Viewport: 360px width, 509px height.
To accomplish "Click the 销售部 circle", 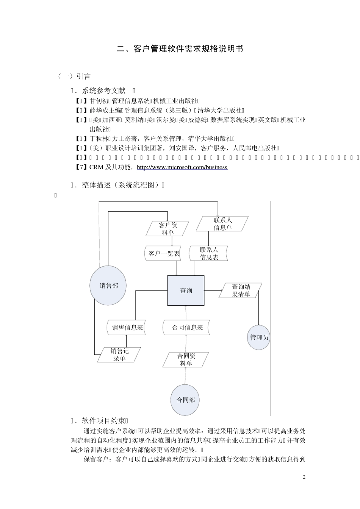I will coord(108,286).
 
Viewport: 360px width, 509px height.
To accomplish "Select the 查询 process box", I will coord(186,290).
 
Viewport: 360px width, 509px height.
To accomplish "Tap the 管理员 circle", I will coord(259,337).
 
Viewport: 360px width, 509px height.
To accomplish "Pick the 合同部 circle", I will coord(186,400).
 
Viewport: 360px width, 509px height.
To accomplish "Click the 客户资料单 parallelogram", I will coord(167,229).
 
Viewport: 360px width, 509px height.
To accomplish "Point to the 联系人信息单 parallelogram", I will coord(222,224).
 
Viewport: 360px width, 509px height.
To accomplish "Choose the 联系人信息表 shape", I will coord(209,253).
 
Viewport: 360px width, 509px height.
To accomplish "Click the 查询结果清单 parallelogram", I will coord(241,290).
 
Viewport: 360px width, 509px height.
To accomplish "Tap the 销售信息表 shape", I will coord(127,328).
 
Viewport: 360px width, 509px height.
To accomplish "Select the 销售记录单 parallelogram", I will coord(119,355).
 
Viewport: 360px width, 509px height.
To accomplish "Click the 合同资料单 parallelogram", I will coord(186,360).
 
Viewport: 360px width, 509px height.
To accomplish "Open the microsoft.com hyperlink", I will coord(182,167).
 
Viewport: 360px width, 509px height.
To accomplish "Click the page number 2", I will coord(304,477).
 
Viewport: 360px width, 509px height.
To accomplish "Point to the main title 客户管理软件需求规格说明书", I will coord(180,49).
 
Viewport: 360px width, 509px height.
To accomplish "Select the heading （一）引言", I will coord(74,77).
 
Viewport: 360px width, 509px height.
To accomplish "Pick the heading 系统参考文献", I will coord(103,91).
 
